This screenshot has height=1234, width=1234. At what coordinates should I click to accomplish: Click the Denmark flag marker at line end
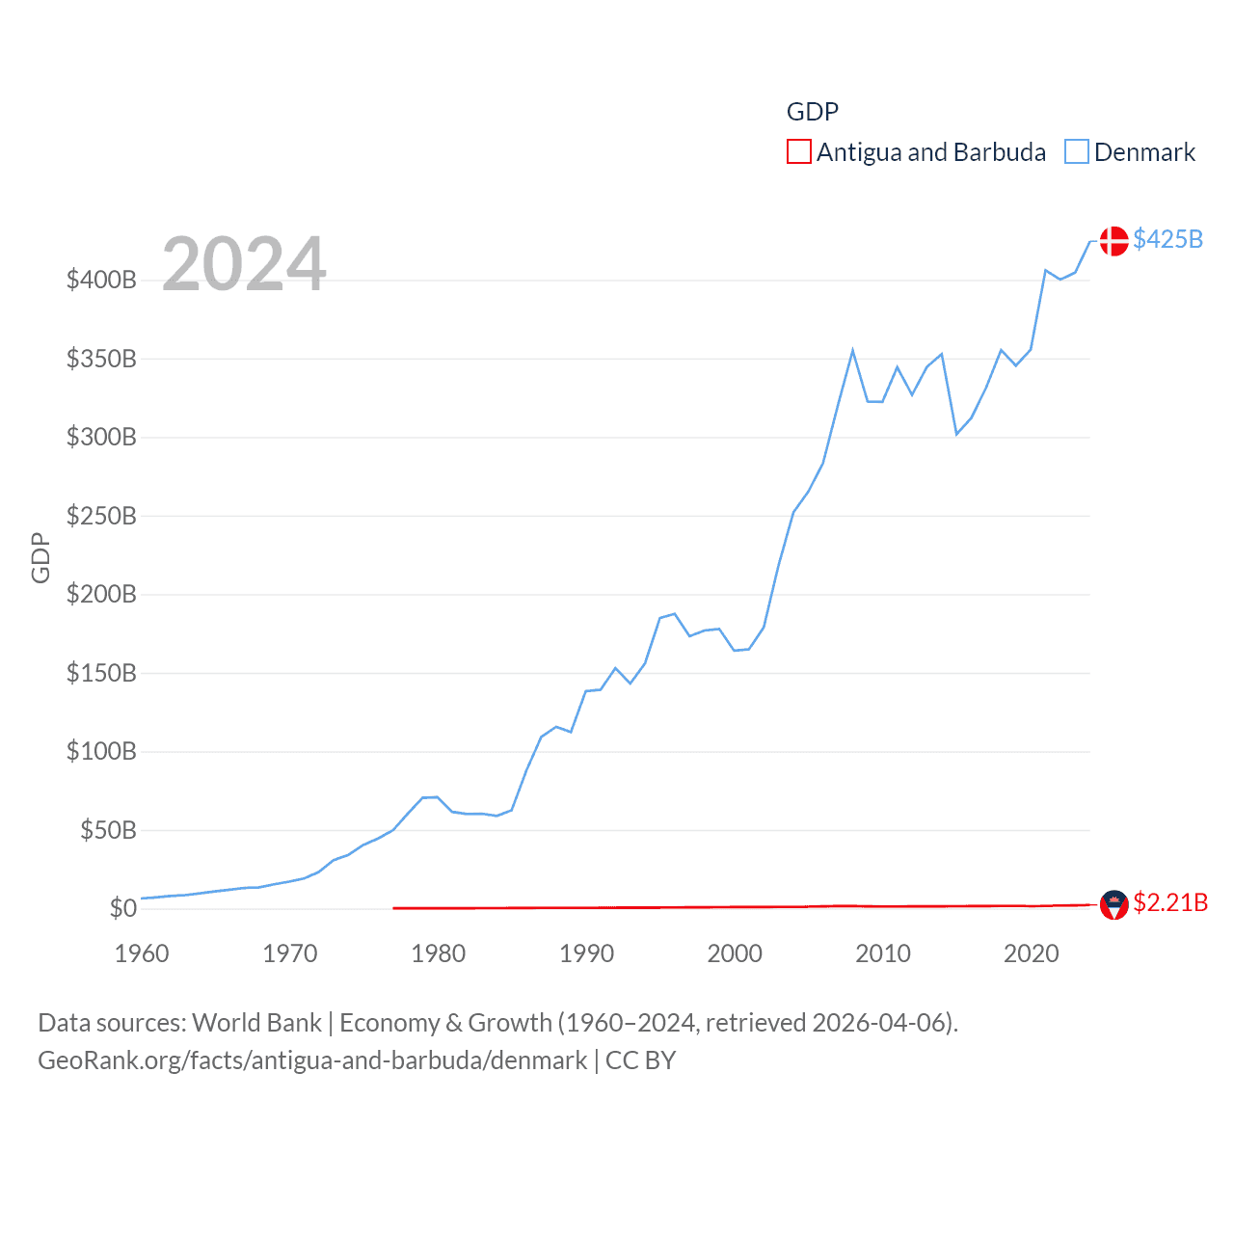pos(1113,241)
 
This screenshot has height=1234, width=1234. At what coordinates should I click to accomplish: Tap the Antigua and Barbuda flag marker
pos(1113,904)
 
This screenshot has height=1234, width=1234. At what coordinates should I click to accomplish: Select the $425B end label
pos(1167,239)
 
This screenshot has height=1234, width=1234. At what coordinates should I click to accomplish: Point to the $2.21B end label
pos(1169,902)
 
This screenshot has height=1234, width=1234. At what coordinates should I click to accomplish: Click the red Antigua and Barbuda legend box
pos(799,152)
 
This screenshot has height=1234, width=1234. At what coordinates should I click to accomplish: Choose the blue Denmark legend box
pos(1077,152)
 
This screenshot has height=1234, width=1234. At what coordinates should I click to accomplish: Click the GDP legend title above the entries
pos(813,112)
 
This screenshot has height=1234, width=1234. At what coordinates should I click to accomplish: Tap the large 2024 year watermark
pos(244,264)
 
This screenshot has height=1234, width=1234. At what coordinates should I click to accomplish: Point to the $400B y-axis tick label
pos(101,281)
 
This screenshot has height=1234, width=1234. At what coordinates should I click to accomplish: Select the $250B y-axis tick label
pos(101,516)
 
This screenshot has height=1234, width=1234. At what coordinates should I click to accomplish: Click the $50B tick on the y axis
pos(108,830)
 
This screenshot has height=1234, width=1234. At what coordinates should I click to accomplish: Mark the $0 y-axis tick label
pos(122,908)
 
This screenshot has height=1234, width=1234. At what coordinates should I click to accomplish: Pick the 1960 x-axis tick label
pos(142,953)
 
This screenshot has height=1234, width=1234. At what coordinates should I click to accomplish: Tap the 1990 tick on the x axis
pos(586,953)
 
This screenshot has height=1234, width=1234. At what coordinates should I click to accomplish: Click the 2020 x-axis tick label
pos(1032,953)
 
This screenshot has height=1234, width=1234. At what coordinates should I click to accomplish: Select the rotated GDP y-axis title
pos(40,557)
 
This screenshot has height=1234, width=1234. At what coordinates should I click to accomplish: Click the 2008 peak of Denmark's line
pos(852,351)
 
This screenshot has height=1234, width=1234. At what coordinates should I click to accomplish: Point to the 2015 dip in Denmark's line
pos(956,434)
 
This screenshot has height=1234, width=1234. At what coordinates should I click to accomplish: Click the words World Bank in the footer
pos(257,1023)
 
